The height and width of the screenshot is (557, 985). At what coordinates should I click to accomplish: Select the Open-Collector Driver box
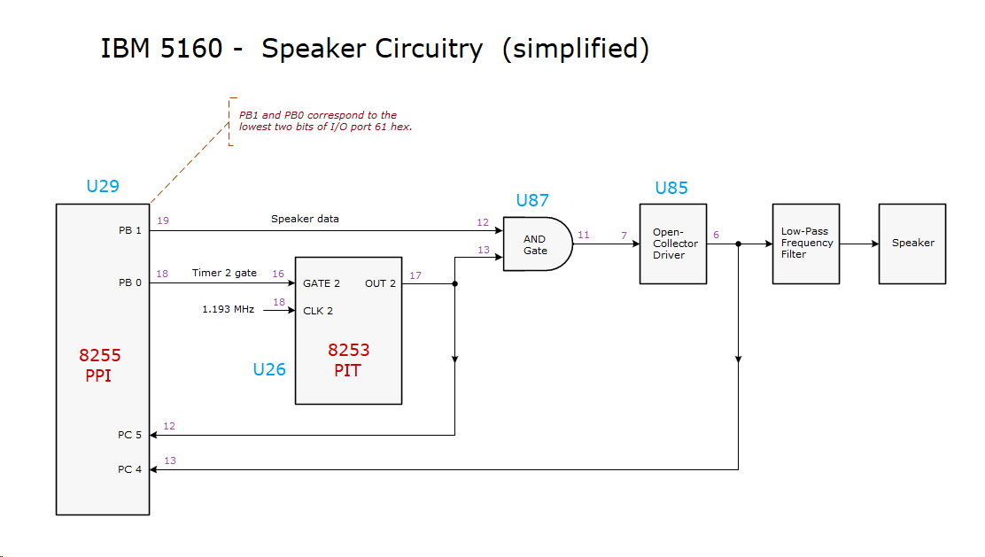[674, 244]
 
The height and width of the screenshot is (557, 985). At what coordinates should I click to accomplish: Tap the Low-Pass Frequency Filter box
[806, 244]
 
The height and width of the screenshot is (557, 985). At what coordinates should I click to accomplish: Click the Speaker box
[912, 244]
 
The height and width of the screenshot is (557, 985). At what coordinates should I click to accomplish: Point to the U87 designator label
[532, 200]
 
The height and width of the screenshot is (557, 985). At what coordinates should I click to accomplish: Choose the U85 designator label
[671, 188]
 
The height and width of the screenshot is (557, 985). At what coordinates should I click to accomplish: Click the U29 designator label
[103, 187]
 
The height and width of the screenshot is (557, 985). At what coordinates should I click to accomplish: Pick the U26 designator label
[269, 369]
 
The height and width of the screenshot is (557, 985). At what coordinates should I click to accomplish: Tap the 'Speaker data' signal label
[305, 219]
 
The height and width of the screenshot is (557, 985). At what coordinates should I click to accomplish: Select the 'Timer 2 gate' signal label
[224, 273]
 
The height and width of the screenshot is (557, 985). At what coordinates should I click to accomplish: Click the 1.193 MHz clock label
[229, 310]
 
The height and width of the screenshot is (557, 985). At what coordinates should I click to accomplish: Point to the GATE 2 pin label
[322, 284]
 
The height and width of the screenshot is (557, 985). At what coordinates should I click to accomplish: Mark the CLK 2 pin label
[318, 311]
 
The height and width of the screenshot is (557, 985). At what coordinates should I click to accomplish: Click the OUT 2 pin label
[380, 284]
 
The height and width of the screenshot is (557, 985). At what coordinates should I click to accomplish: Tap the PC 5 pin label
[129, 435]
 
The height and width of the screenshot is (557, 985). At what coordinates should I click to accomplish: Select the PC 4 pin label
[129, 469]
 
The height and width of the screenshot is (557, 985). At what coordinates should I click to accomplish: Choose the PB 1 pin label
[130, 230]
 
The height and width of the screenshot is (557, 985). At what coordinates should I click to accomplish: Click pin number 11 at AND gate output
[584, 235]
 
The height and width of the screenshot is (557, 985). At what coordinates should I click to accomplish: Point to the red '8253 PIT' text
[348, 360]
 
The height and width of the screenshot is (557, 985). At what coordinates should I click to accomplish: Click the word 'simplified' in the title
[575, 49]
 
